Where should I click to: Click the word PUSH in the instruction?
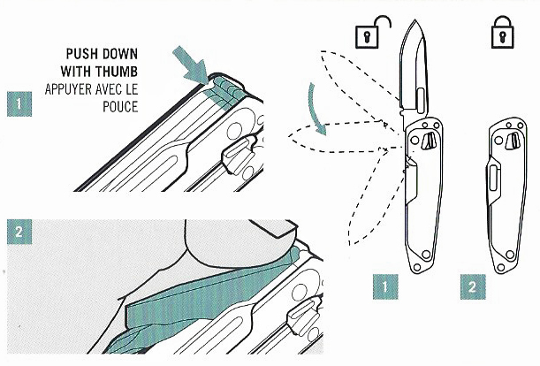click(82, 54)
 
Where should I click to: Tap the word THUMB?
click(117, 72)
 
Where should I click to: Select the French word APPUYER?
click(69, 89)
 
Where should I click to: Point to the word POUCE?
click(120, 107)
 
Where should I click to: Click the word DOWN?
click(120, 54)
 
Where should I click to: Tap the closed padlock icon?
click(503, 32)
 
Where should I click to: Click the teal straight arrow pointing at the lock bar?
click(190, 65)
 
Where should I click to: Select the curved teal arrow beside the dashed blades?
click(317, 109)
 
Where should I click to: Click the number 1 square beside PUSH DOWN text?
click(19, 103)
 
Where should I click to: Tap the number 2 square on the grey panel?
click(19, 232)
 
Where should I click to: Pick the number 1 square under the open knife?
click(385, 286)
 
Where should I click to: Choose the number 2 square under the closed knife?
click(473, 286)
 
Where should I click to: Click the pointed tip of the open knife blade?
click(415, 20)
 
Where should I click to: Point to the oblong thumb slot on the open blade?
click(421, 100)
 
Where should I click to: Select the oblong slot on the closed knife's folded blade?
click(493, 178)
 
